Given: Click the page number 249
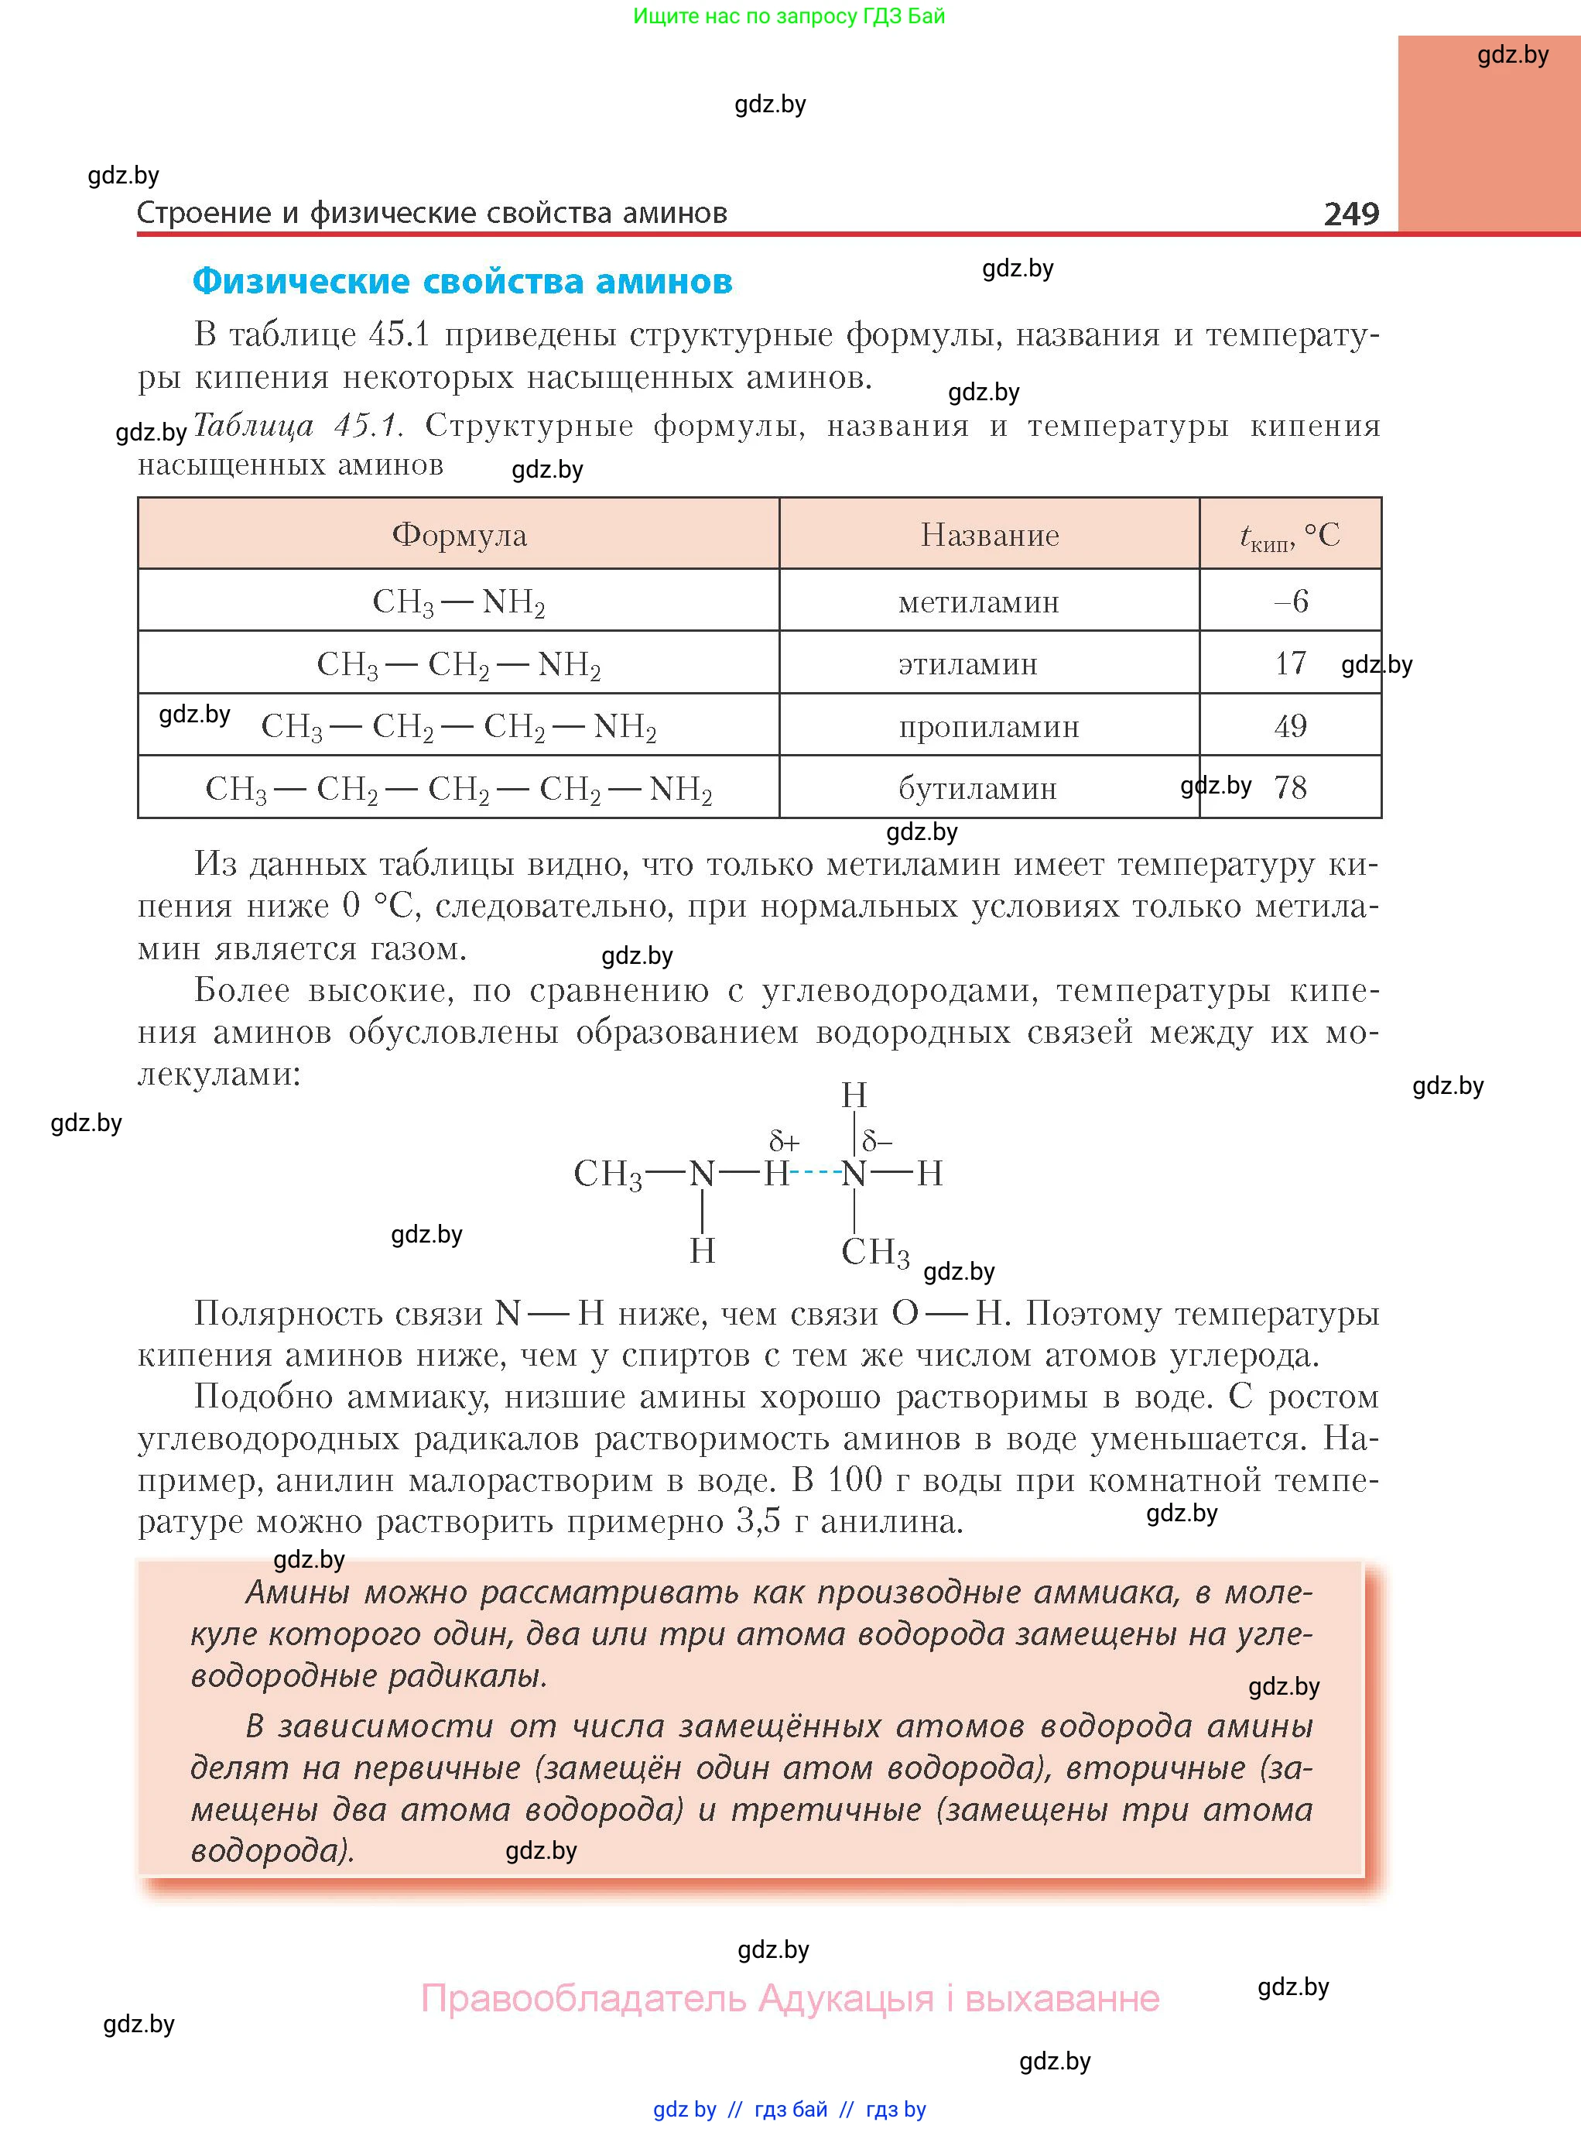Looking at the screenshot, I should (1350, 213).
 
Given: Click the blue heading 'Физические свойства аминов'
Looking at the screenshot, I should (462, 282).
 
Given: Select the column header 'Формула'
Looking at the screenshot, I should (460, 534).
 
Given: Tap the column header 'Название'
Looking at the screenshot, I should (990, 534).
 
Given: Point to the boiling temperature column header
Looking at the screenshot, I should (1289, 536).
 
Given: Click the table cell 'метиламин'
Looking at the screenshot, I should (978, 602).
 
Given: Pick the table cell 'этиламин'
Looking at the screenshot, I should (967, 663).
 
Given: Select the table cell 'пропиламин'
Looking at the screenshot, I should (988, 727).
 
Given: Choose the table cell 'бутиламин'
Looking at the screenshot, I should (977, 789).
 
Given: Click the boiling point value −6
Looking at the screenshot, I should (1290, 602).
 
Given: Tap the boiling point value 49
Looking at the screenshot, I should (1290, 725).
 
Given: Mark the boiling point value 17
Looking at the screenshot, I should (1290, 663).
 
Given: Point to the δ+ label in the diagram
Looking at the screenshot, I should (784, 1141).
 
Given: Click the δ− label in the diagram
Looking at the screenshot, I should (878, 1140).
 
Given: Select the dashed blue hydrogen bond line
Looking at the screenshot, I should (816, 1173).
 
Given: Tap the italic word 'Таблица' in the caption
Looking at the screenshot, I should (254, 425).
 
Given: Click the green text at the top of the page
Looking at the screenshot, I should (789, 16).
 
